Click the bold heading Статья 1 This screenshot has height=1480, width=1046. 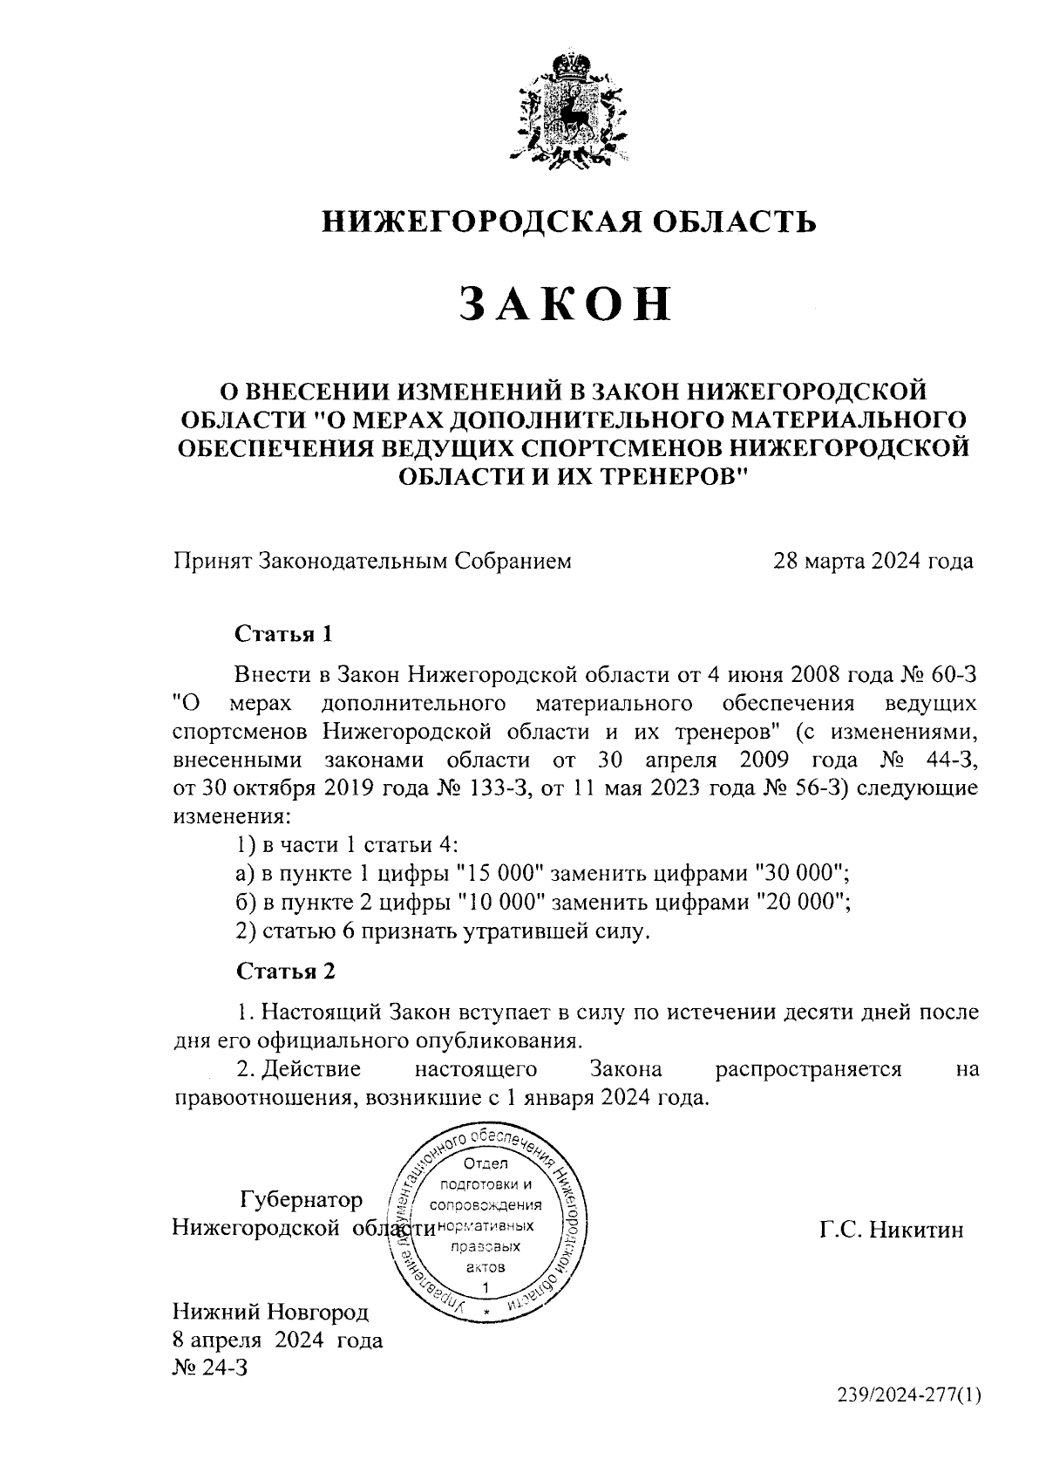coord(284,633)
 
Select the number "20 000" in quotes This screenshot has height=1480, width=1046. coord(802,902)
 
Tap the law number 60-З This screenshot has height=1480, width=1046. coord(956,673)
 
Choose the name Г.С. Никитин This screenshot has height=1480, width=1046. coord(891,1230)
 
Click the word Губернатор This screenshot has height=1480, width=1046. coord(302,1200)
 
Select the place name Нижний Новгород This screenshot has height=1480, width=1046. coord(271,1312)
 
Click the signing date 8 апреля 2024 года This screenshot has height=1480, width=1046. coord(277,1340)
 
